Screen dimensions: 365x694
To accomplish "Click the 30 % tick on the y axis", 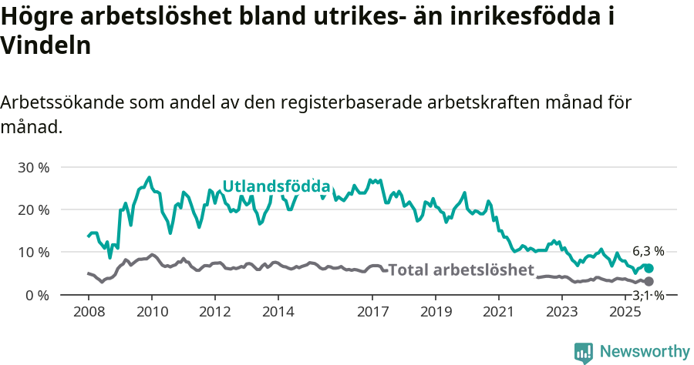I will tap(32, 167).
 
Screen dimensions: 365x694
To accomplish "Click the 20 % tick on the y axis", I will tap(32, 209).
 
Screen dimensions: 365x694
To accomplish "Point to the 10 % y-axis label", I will tap(32, 253).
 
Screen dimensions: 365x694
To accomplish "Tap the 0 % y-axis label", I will tap(36, 295).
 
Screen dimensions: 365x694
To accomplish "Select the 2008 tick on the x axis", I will tap(88, 312).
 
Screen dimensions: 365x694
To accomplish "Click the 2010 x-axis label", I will tap(151, 312).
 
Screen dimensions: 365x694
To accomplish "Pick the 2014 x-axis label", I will tap(278, 312).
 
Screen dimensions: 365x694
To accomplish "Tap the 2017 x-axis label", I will tap(372, 312).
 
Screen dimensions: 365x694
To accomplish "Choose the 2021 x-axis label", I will tap(499, 312).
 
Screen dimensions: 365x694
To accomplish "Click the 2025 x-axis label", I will tap(625, 312).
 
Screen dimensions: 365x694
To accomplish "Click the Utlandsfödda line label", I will tap(276, 186).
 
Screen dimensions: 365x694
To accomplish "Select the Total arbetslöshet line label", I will tap(460, 270).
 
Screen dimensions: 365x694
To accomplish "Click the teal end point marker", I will tap(649, 268).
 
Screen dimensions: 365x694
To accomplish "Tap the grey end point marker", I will tap(649, 282).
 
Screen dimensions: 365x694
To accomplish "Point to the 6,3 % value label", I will tap(648, 251).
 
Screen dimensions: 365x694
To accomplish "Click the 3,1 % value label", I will tap(648, 296).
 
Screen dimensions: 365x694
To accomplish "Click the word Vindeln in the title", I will tap(46, 45).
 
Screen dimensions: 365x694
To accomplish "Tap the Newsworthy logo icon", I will tap(584, 352).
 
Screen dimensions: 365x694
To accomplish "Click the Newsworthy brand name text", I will tap(645, 352).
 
